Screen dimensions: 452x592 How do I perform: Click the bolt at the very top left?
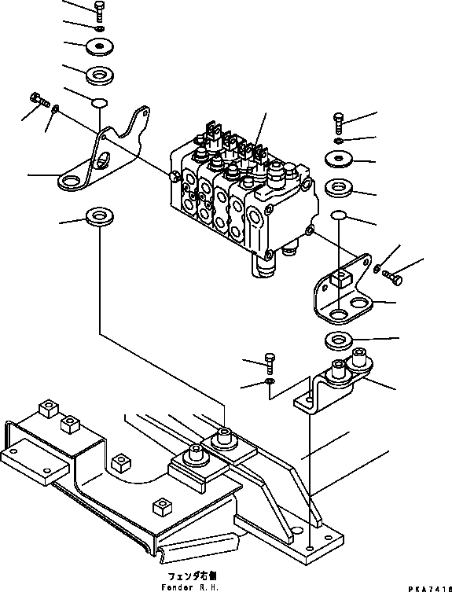[x=99, y=11]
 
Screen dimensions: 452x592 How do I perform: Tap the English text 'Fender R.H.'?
[x=190, y=587]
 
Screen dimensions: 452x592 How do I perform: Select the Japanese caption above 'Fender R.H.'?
[x=193, y=575]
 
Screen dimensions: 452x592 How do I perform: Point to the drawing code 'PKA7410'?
[x=430, y=589]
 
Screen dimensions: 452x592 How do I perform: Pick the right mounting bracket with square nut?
[x=343, y=291]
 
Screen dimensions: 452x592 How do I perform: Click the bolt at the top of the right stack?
[x=338, y=123]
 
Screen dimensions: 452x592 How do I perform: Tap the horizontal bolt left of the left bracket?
[x=39, y=99]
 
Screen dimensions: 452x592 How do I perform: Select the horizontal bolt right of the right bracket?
[x=392, y=277]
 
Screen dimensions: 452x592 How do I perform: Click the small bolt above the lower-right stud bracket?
[x=270, y=363]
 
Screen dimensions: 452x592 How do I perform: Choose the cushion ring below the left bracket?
[x=100, y=216]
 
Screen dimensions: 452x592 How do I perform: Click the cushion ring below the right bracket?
[x=339, y=340]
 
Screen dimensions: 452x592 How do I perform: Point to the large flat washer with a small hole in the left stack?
[x=100, y=46]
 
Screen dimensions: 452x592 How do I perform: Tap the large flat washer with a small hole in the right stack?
[x=339, y=158]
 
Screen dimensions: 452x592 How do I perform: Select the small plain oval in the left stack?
[x=100, y=102]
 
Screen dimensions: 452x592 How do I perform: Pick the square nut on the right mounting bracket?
[x=340, y=278]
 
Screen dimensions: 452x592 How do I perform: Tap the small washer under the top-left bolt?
[x=99, y=28]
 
